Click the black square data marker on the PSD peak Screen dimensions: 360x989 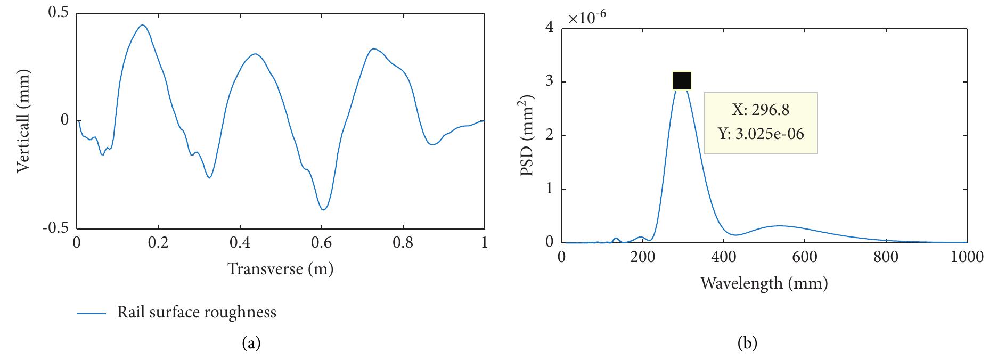682,81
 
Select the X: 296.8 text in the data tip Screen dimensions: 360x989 761,110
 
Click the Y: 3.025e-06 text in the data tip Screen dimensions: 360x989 761,134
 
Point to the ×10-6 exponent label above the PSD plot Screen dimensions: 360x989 587,18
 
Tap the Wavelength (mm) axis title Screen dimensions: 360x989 764,283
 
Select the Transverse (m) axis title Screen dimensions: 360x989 280,269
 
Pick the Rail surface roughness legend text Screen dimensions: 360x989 197,312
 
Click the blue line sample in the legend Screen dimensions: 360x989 92,314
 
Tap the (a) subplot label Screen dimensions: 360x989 251,343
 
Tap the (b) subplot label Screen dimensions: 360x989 747,343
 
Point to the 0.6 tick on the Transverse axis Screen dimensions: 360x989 321,243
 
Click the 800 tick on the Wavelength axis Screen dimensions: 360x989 886,257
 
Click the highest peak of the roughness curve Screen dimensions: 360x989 142,25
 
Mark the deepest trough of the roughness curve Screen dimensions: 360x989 323,209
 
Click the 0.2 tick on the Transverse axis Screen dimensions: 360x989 158,243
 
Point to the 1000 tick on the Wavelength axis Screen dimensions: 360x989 967,257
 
